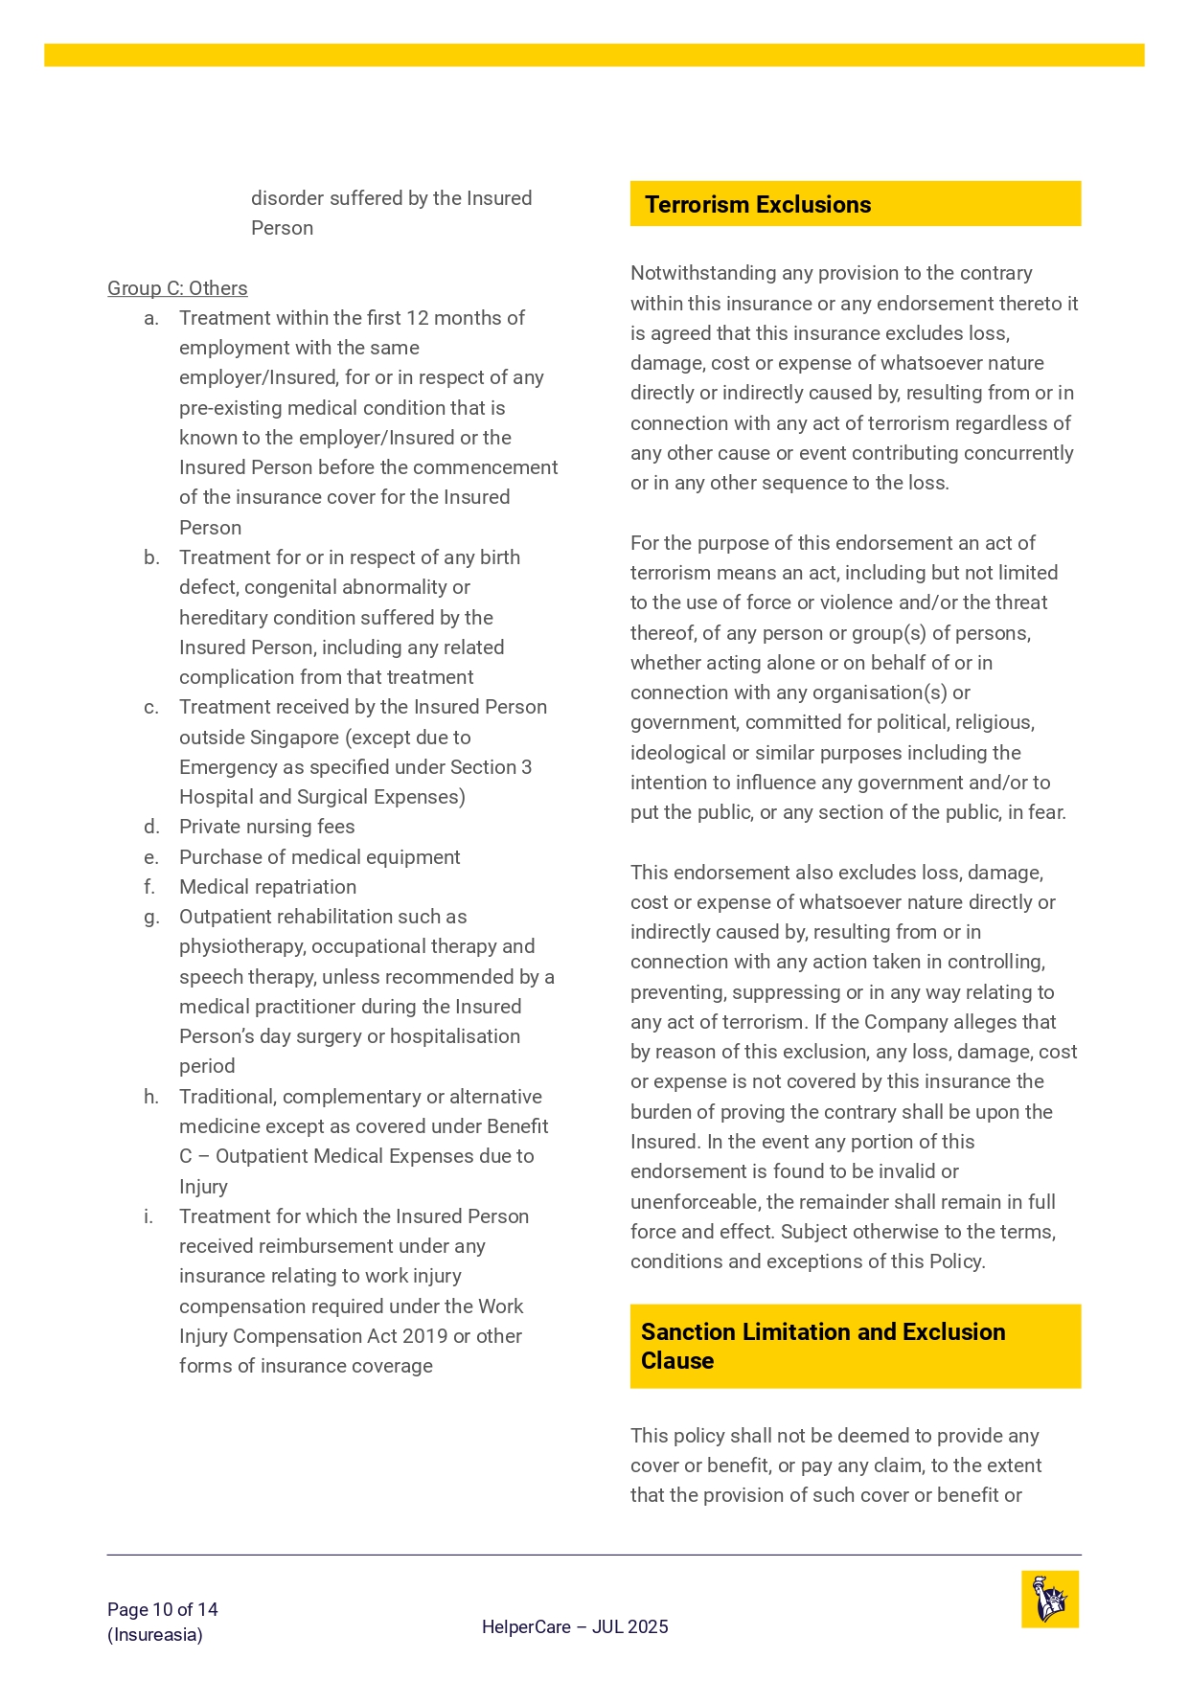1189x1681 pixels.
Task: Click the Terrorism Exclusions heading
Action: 758,205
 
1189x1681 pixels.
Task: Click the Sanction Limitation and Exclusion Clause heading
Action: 823,1346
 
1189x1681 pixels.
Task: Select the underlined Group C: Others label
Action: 177,288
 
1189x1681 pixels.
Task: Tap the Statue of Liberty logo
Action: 1050,1600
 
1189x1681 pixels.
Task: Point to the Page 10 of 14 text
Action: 163,1609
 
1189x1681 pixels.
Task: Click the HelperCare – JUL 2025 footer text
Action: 575,1626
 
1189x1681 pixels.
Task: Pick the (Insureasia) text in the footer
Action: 155,1635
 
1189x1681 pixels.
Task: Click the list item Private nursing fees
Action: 266,827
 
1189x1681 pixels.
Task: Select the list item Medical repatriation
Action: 267,887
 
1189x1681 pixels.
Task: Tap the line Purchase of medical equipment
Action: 319,857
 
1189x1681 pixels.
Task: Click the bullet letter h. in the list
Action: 151,1097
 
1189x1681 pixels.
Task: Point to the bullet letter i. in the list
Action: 149,1216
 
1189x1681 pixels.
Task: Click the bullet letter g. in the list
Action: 151,917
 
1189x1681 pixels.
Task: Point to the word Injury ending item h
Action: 203,1187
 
